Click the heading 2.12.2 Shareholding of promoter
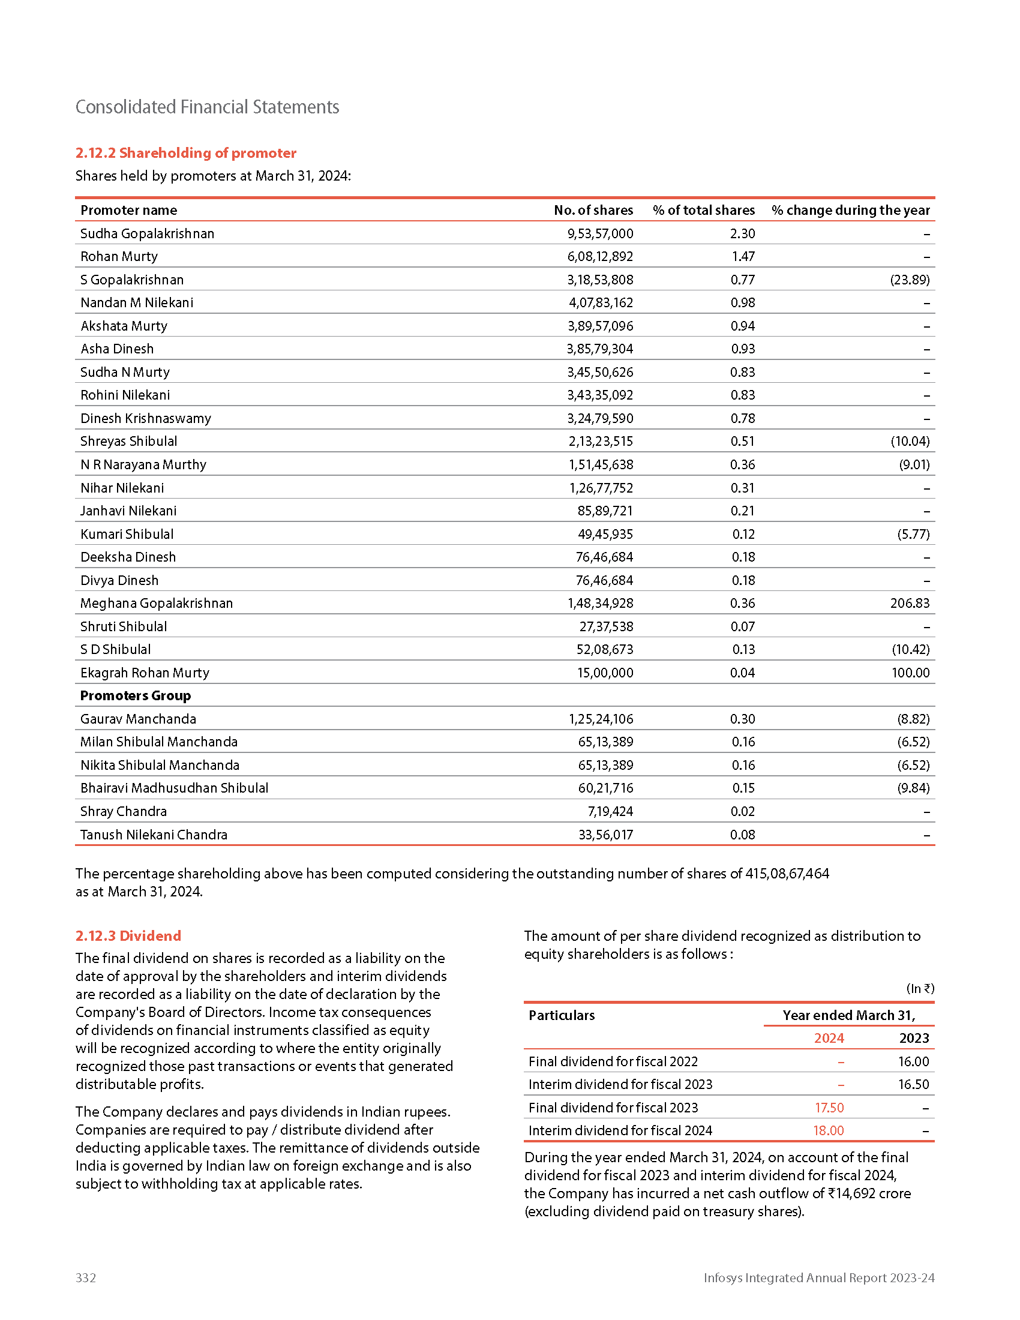pos(185,153)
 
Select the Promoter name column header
pos(129,211)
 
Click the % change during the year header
pos(850,211)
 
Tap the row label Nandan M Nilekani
pos(137,303)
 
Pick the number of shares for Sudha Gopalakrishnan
pos(599,234)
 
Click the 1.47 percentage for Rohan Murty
pos(743,257)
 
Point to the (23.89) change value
pos(910,280)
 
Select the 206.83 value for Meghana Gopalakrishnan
pos(910,603)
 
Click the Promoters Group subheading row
pos(136,695)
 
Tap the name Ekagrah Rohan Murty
pos(145,673)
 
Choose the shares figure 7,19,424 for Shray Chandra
pos(610,811)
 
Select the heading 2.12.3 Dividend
pos(128,935)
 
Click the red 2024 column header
pos(829,1039)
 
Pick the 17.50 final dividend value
pos(829,1108)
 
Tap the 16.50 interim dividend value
pos(913,1085)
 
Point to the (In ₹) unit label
pos(920,989)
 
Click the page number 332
pos(86,1277)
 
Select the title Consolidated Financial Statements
pos(206,107)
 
